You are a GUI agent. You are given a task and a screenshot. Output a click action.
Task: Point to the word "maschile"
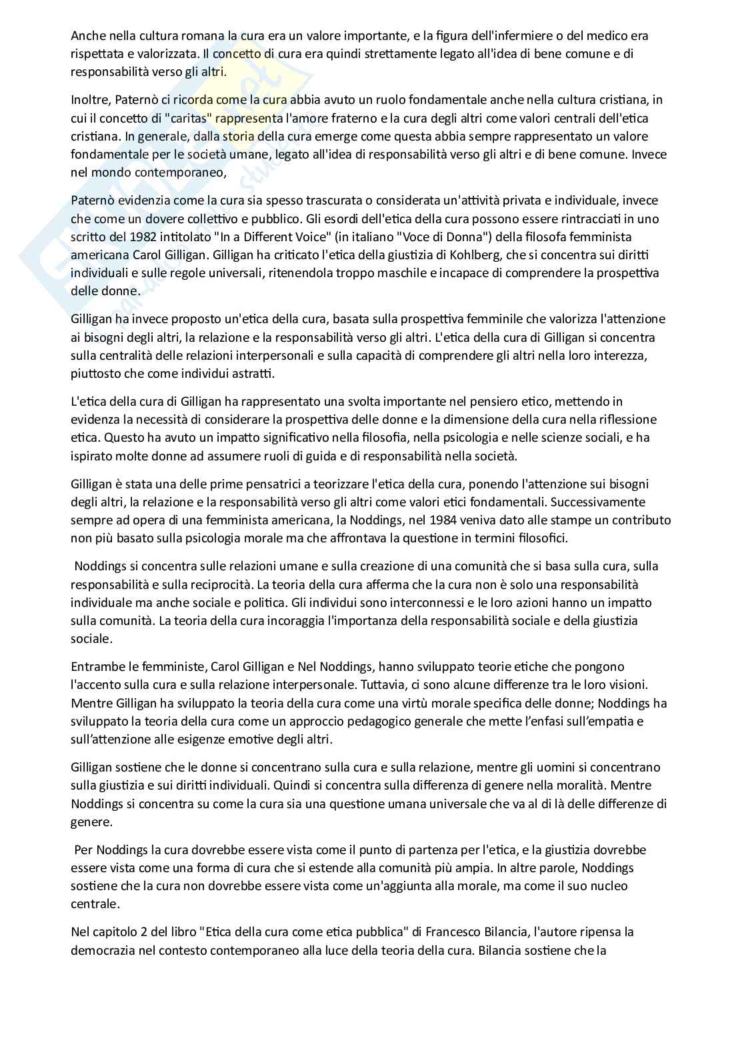[385, 272]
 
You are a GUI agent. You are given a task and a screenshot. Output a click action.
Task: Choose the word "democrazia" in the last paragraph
[102, 949]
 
